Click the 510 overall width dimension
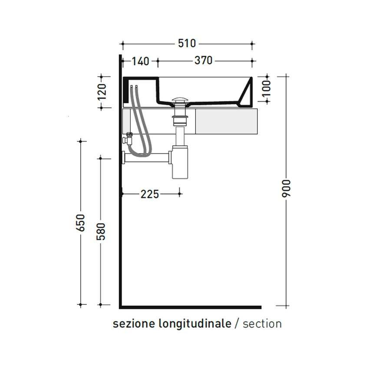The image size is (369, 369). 187,43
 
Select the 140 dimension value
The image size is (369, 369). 140,61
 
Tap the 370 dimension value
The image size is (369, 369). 203,61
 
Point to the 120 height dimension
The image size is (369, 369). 102,92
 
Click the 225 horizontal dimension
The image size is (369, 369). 150,194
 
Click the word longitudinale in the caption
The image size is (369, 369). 195,324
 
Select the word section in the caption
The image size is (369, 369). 262,324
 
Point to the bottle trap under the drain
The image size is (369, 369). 180,163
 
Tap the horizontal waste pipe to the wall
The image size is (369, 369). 148,158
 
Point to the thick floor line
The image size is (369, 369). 191,307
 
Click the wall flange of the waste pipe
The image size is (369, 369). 124,158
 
